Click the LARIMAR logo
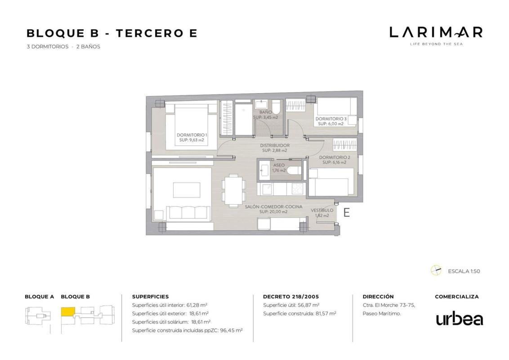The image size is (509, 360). pos(436,36)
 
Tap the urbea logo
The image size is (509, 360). pos(460,319)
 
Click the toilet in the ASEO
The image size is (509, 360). pos(295,171)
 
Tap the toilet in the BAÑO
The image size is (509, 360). pos(276,107)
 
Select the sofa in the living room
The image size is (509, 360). pos(188,213)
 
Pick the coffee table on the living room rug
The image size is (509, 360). pos(186,190)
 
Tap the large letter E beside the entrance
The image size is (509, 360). pos(347,213)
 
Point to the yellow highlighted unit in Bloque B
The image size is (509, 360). pos(68,312)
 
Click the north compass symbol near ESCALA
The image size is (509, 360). pos(436,270)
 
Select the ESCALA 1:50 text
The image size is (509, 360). pos(464,271)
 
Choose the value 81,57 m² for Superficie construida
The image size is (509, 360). pos(326,314)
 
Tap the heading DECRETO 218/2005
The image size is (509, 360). pos(291,297)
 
